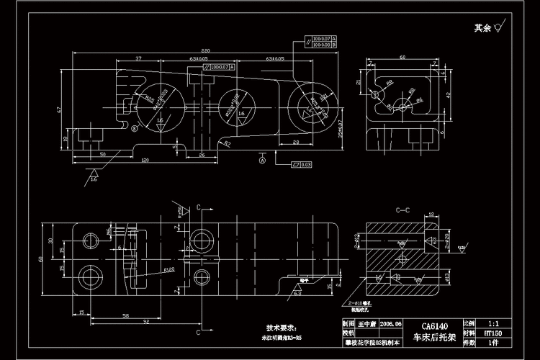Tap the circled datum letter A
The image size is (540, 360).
click(263, 161)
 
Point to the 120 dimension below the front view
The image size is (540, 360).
click(144, 160)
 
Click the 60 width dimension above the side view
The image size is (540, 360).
click(402, 57)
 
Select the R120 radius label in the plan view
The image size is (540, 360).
click(170, 271)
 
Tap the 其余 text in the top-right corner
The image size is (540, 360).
click(482, 29)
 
